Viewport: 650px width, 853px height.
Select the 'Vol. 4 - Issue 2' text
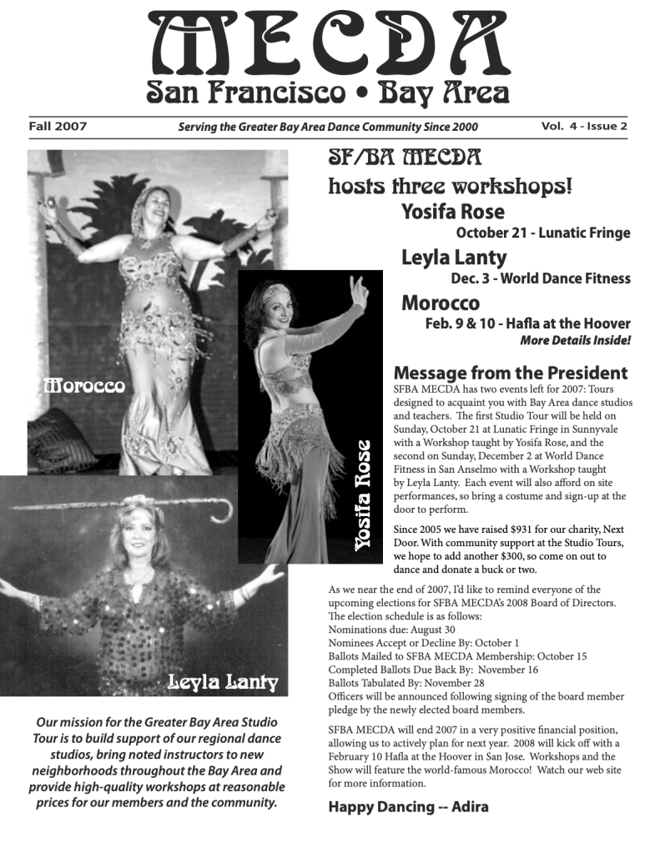point(583,127)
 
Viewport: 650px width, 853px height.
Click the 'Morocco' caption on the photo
point(84,385)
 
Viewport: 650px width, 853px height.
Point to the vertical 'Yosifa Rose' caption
point(363,494)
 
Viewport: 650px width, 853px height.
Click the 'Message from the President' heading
point(510,373)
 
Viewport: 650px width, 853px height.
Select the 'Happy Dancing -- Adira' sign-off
point(408,806)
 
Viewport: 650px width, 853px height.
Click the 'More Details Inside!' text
point(575,340)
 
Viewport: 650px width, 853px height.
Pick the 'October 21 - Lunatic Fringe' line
point(542,233)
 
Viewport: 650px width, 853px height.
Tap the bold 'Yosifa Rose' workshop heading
point(452,212)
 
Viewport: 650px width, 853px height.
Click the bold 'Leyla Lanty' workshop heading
point(453,257)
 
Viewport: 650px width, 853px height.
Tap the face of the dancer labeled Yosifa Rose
point(277,307)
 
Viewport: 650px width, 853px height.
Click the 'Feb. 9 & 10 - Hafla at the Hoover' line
point(527,324)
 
